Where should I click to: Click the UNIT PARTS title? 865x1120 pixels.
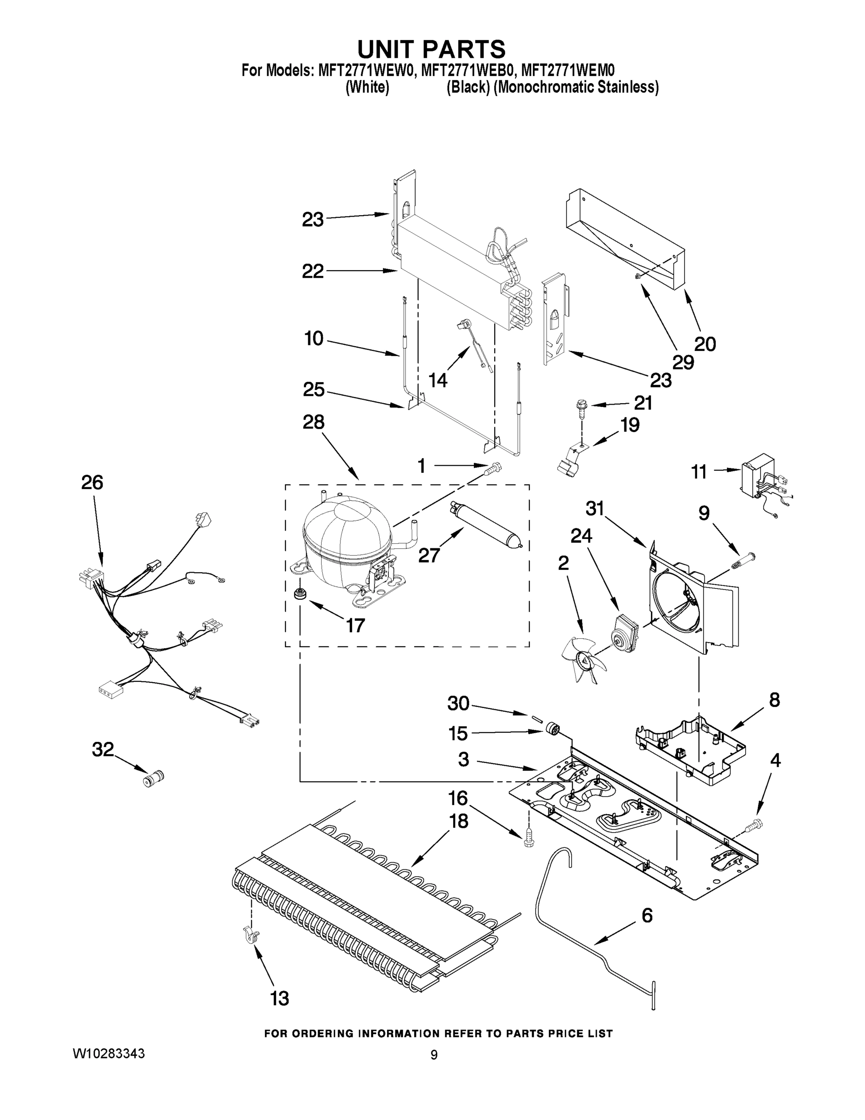[431, 49]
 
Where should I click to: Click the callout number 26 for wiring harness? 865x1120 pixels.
[92, 483]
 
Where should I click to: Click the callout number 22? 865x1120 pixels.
[312, 271]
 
